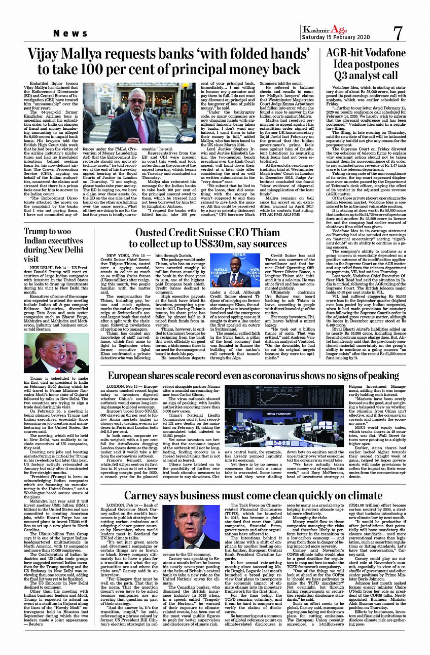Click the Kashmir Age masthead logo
[x=325, y=29]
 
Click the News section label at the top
[x=71, y=33]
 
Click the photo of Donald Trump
[x=56, y=353]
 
